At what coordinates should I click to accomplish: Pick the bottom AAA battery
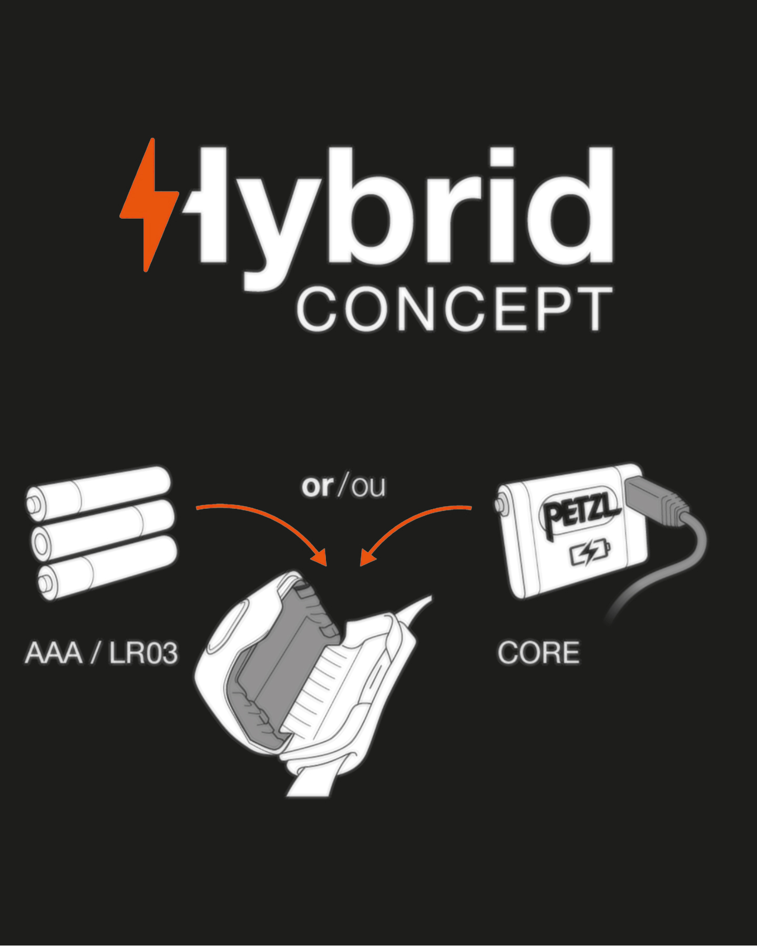[x=108, y=568]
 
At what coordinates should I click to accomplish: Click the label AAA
[x=54, y=653]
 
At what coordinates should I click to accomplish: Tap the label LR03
[x=144, y=653]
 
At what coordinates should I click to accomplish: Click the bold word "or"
[x=317, y=486]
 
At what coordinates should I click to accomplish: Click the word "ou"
[x=369, y=487]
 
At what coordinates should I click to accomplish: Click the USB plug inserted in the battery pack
[x=654, y=499]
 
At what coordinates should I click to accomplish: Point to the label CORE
[x=539, y=653]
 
